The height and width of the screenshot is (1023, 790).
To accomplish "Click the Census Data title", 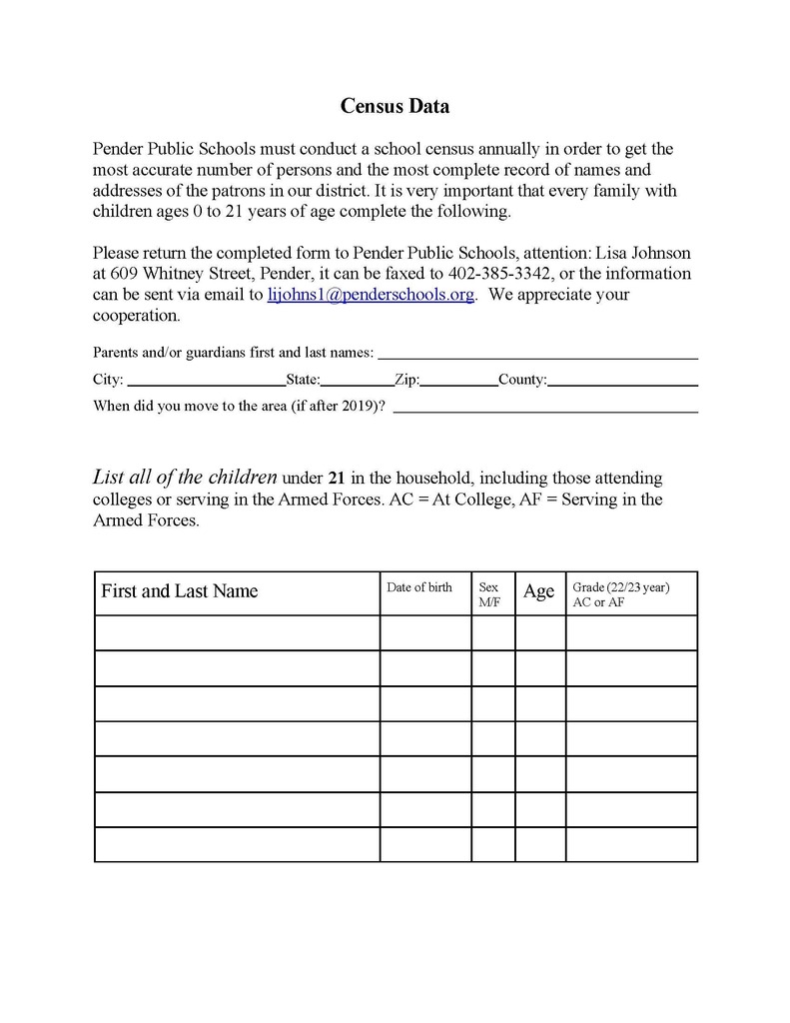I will [x=395, y=106].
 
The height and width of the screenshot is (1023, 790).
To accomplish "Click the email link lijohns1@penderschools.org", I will [x=371, y=295].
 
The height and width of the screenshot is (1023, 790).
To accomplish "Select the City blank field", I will [x=206, y=380].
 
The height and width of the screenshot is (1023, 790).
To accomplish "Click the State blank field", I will [x=357, y=380].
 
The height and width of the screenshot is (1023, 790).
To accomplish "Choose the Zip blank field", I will [x=458, y=380].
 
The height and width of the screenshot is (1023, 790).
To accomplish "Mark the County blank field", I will [x=622, y=380].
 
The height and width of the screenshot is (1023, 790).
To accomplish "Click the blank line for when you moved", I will [x=545, y=407].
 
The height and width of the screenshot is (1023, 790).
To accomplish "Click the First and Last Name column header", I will [x=180, y=591].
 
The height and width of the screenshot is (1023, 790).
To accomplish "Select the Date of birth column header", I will [x=419, y=587].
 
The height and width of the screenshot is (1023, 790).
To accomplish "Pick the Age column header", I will [x=538, y=591].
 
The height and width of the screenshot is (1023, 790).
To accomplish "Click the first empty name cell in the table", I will [x=237, y=632].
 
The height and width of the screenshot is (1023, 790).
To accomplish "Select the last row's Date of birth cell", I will [x=425, y=845].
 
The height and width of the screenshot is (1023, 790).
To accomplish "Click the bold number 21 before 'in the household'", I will [x=337, y=479].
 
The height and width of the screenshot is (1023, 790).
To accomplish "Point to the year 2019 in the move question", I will [x=359, y=407].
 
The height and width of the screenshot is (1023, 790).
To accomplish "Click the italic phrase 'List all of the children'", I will [x=185, y=478].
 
